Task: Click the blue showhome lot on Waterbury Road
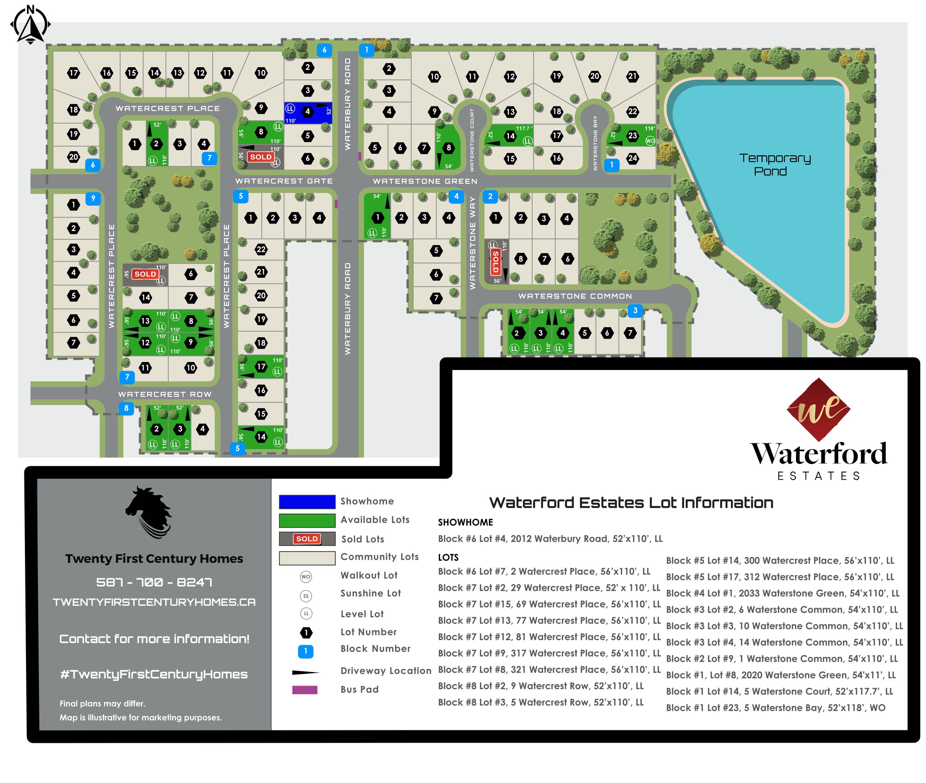coord(308,113)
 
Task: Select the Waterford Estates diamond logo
coord(818,409)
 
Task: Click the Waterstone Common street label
coord(574,296)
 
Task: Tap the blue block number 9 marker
coord(93,198)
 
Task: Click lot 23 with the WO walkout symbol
coord(632,135)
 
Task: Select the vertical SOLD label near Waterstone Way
coord(495,261)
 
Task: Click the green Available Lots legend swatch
coord(307,520)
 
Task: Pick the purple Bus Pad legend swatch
coord(305,690)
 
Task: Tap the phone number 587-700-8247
coord(154,582)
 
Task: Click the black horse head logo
coord(149,513)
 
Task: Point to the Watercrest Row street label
coord(165,394)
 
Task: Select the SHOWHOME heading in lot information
coord(465,522)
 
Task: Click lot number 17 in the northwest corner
coord(74,73)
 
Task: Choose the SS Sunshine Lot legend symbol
coord(306,596)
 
